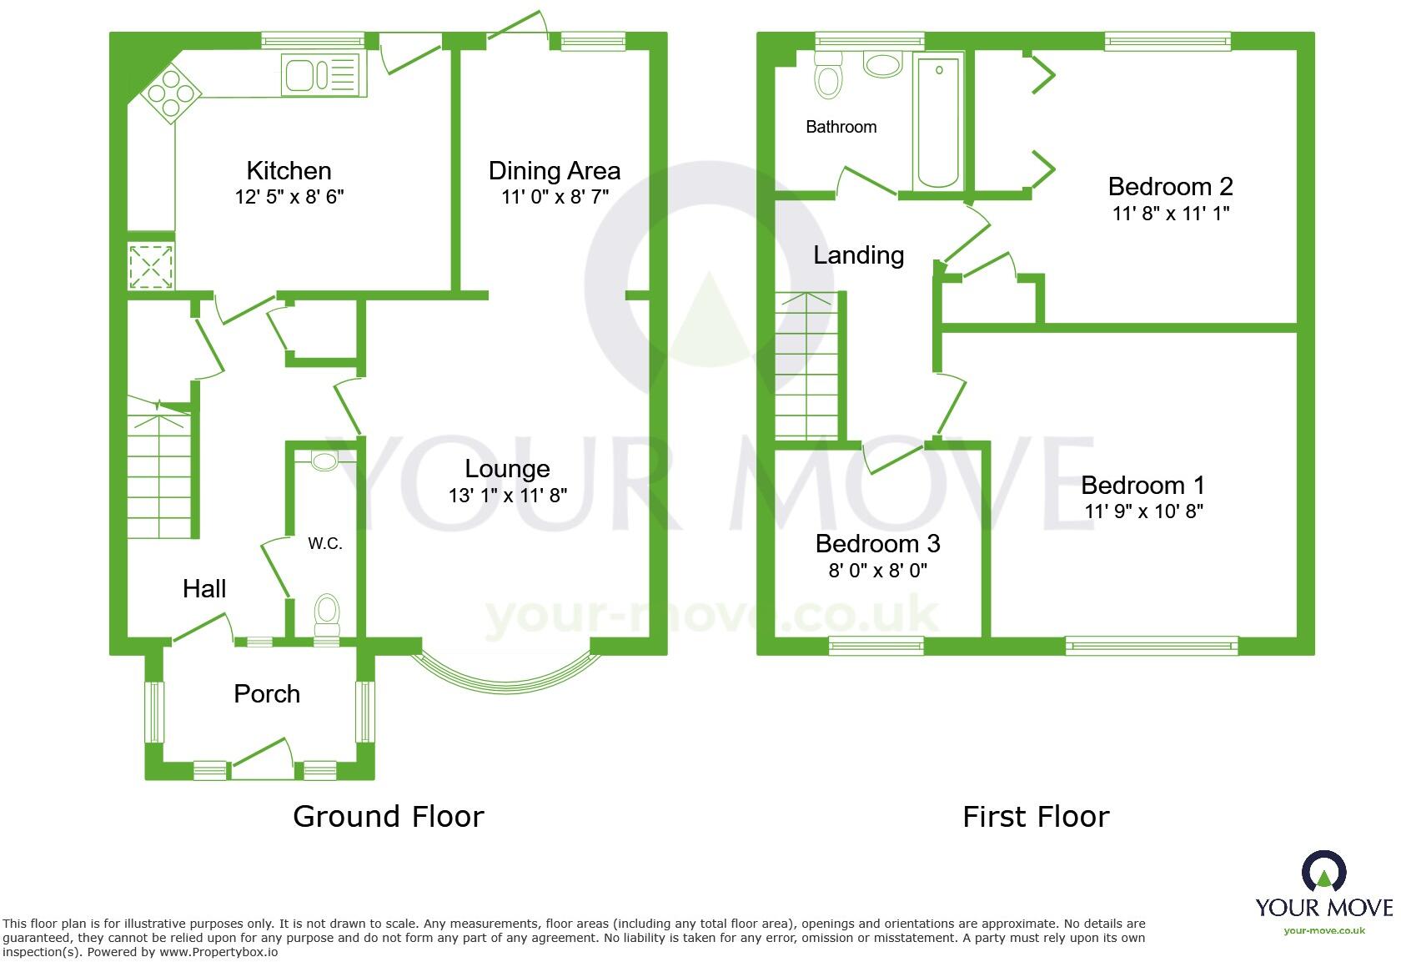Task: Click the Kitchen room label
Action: (289, 171)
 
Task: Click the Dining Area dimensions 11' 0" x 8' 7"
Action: (554, 198)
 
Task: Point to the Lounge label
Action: (507, 469)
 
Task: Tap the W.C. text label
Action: (325, 544)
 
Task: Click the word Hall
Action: (204, 589)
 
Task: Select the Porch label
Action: (267, 694)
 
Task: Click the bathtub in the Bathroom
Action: (938, 123)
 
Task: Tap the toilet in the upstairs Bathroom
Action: (828, 78)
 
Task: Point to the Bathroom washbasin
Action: (882, 64)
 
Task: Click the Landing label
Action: (858, 255)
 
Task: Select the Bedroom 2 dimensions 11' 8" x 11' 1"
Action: (1170, 214)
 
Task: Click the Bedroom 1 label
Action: (1142, 485)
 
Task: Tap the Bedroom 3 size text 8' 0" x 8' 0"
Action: (877, 571)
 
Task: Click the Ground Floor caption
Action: (388, 816)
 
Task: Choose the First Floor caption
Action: (1035, 816)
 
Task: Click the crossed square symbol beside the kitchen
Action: (151, 266)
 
